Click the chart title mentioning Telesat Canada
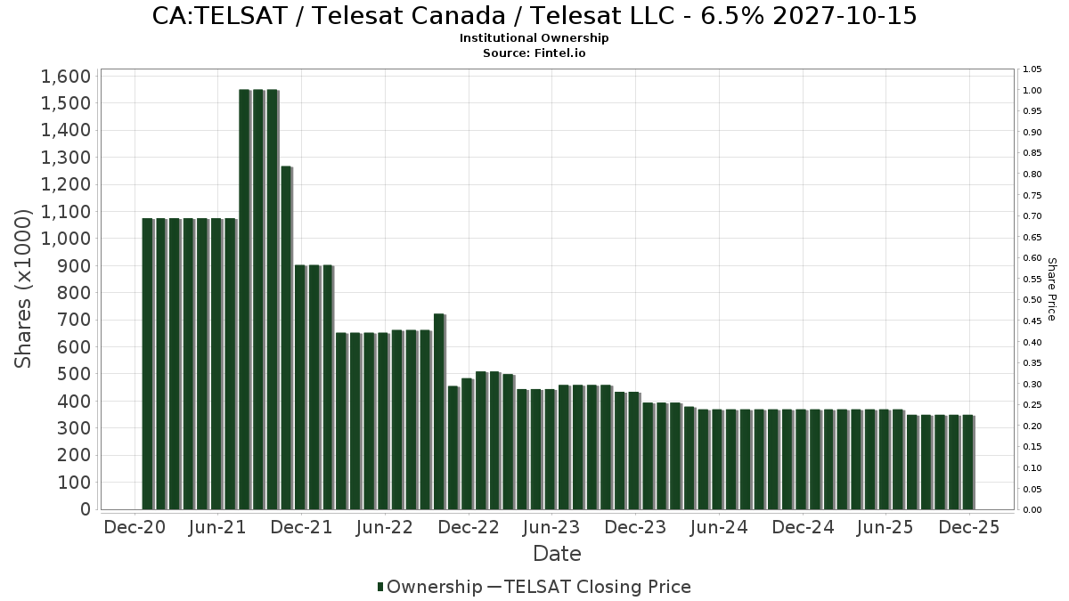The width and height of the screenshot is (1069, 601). click(x=534, y=16)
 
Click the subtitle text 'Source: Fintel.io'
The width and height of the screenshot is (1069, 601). click(x=534, y=53)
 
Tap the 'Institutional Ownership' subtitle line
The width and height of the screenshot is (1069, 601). click(x=534, y=38)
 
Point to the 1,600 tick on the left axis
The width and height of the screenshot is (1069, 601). click(x=66, y=76)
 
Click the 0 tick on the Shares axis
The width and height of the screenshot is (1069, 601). click(x=85, y=509)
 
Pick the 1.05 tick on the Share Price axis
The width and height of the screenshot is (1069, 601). click(x=1032, y=69)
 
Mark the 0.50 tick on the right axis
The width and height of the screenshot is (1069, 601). click(x=1032, y=300)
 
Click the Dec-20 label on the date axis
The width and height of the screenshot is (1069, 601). click(x=134, y=527)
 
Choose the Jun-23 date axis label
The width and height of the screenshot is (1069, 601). click(x=551, y=527)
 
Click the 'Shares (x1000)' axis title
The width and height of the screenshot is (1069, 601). click(x=24, y=288)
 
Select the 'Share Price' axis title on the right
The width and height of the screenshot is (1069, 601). click(x=1051, y=288)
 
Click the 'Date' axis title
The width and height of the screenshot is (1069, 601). click(x=557, y=554)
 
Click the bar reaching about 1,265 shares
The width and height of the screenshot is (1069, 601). click(x=286, y=338)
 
